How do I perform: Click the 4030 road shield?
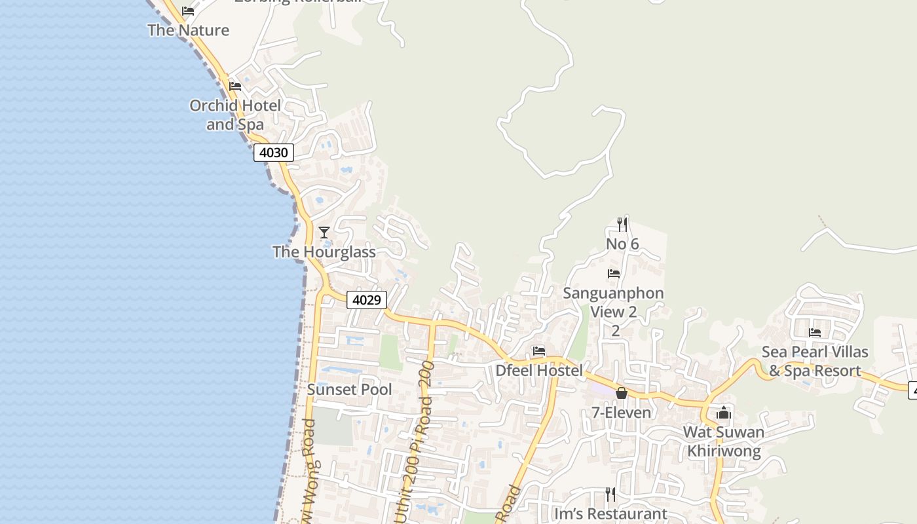(x=274, y=153)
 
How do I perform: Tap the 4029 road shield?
(x=366, y=300)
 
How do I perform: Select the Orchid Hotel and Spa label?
(x=235, y=115)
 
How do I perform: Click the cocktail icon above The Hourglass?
(x=324, y=233)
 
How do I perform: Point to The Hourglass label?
(x=324, y=252)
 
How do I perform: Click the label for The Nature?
(x=188, y=30)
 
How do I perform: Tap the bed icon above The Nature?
(x=188, y=11)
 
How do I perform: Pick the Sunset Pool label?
(x=350, y=389)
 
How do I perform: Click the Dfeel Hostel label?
(x=539, y=370)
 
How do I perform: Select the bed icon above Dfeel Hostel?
(x=539, y=351)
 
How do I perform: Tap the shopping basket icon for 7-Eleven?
(x=622, y=393)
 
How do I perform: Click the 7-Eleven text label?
(x=622, y=412)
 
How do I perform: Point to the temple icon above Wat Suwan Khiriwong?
(x=724, y=413)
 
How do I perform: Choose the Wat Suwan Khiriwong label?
(x=724, y=441)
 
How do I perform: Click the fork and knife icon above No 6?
(x=622, y=225)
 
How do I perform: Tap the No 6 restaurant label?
(x=622, y=244)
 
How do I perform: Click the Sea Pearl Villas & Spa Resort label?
(x=815, y=361)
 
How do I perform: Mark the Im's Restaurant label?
(x=610, y=514)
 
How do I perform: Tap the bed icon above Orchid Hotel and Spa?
(x=235, y=86)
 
